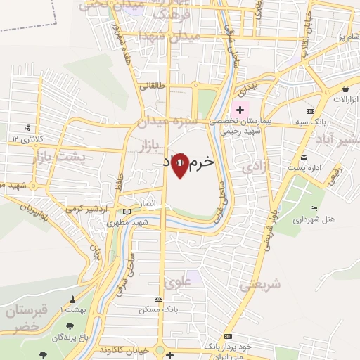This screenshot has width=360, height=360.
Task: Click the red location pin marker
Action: (x=180, y=165)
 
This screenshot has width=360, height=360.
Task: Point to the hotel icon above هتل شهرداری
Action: (x=313, y=208)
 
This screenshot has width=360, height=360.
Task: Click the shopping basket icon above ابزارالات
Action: (x=347, y=89)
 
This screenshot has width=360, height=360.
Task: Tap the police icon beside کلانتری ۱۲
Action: (x=27, y=128)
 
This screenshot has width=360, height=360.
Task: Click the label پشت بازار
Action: (x=59, y=157)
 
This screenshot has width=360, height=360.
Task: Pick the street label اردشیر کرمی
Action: (x=84, y=209)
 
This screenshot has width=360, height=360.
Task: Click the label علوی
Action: (x=176, y=283)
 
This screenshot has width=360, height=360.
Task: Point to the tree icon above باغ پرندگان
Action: (x=70, y=326)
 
